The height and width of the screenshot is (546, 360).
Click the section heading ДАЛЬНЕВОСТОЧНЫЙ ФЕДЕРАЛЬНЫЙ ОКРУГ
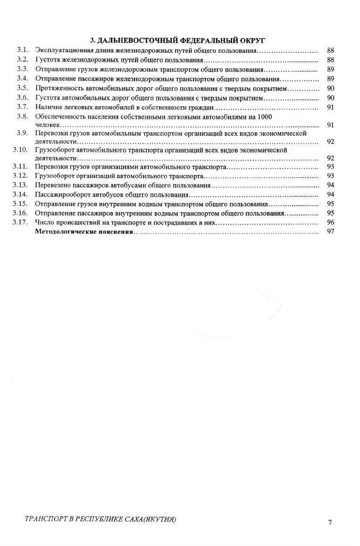(180, 40)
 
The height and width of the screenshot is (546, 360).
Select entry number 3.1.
(22, 50)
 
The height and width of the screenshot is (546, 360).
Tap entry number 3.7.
(22, 107)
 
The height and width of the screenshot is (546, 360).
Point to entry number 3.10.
(21, 150)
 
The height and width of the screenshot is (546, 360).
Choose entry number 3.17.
(21, 222)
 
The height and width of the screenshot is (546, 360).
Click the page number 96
(330, 222)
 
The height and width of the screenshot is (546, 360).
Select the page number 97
(330, 232)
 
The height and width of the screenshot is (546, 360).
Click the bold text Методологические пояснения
(84, 232)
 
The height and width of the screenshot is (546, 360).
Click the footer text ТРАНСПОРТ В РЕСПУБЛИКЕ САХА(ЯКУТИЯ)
(100, 520)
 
